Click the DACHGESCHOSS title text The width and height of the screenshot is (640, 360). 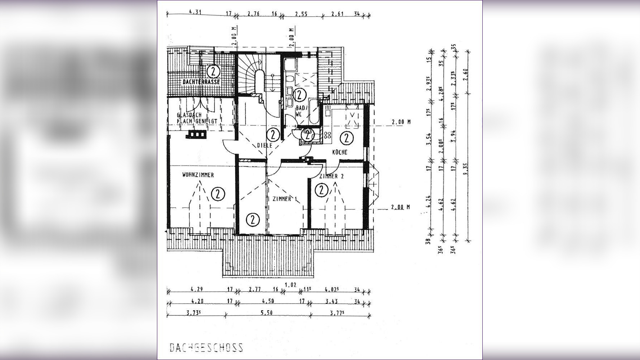[206, 347]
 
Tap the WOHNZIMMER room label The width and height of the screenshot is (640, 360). [198, 175]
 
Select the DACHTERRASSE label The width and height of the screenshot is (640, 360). [201, 82]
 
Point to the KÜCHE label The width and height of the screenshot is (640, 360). [340, 152]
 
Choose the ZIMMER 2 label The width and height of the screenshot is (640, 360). [332, 176]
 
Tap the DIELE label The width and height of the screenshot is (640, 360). [265, 145]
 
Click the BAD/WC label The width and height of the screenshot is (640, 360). [300, 111]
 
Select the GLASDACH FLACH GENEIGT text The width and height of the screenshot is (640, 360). [197, 118]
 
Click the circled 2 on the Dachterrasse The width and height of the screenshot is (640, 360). [213, 71]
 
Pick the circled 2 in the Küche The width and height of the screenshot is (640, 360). [346, 138]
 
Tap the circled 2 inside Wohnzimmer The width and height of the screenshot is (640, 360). [218, 194]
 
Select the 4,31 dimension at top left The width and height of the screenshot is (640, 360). [195, 12]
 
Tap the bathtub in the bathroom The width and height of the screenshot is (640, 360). [315, 112]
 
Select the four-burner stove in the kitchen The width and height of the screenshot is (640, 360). [328, 135]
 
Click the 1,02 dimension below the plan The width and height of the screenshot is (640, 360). [290, 285]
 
